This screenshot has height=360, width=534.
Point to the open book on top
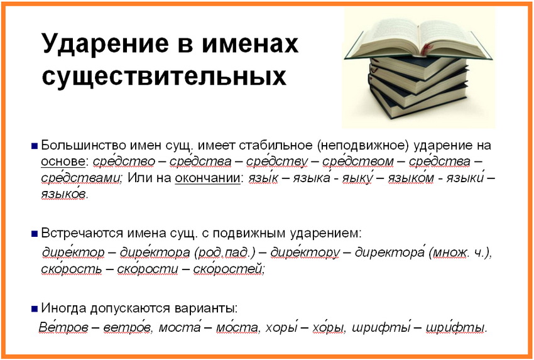(418, 39)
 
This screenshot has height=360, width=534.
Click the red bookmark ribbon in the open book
(426, 49)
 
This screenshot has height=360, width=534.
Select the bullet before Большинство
(34, 146)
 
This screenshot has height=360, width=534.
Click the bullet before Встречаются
(34, 234)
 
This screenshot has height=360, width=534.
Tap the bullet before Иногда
(34, 309)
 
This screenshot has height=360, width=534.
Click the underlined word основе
(63, 161)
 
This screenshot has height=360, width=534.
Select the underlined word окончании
(207, 178)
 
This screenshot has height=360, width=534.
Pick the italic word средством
(358, 161)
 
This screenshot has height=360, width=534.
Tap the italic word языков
(63, 194)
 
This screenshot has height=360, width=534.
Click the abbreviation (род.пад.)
(225, 253)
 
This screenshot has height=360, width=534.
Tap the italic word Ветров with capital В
(63, 327)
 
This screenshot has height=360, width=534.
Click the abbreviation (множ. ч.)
(459, 253)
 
